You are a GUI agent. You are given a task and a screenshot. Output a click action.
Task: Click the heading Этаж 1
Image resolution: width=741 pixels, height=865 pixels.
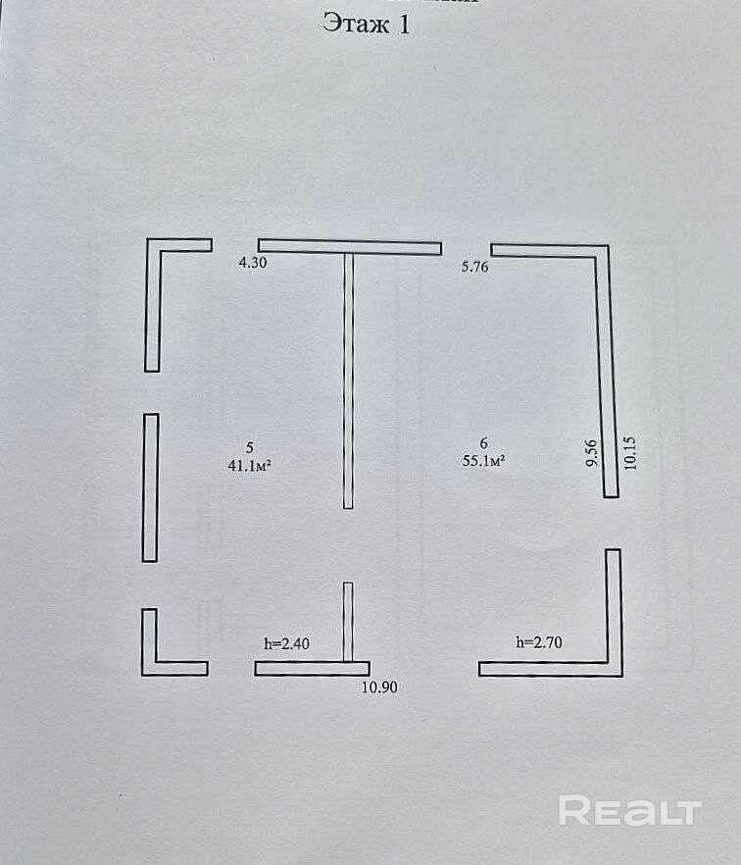[367, 25]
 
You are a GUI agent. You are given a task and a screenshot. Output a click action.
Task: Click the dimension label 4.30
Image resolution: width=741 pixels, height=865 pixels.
[253, 263]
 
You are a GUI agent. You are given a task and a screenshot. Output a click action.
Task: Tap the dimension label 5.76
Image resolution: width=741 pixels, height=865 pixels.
[474, 267]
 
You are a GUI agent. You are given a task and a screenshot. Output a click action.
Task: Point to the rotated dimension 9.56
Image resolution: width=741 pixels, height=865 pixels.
[591, 453]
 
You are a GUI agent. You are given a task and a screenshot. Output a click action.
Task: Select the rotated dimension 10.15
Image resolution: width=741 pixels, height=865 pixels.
[629, 453]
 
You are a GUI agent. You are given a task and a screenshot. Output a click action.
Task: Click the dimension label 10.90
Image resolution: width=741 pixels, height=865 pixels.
[379, 687]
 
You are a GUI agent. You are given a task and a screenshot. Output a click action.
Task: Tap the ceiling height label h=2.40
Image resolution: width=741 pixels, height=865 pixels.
[286, 643]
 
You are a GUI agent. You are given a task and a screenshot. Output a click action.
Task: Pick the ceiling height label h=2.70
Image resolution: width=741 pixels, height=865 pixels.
[539, 642]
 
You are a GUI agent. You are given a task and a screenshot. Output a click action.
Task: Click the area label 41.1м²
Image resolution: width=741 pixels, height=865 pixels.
[250, 466]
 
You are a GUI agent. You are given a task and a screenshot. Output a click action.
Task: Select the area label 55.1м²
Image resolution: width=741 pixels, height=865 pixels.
[484, 460]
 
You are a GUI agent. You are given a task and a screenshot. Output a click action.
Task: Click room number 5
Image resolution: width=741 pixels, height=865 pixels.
[250, 447]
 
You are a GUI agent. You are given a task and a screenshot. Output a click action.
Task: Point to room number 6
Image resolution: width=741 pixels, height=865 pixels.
[484, 442]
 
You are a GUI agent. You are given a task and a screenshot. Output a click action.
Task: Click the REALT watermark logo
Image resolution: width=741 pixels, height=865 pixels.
[630, 810]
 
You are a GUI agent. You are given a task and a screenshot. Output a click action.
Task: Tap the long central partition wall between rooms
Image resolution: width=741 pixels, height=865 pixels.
[349, 381]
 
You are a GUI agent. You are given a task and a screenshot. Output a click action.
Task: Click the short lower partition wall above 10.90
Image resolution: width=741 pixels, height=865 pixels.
[348, 622]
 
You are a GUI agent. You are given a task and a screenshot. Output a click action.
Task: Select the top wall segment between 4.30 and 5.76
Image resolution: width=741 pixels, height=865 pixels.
[350, 246]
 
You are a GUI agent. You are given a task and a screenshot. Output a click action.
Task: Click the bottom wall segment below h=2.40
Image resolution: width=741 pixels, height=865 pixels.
[312, 669]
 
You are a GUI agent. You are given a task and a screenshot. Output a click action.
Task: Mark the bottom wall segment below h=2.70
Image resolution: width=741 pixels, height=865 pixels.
[550, 669]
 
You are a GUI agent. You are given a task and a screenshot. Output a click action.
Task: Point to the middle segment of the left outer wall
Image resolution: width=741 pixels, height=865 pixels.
[151, 487]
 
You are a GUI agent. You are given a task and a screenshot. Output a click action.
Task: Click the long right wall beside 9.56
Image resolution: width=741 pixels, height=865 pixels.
[607, 375]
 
